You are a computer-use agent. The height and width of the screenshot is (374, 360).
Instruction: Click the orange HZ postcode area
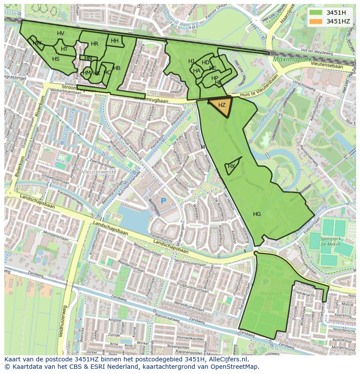[x=221, y=106]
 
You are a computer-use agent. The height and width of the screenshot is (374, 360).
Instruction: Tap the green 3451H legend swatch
[x=316, y=12]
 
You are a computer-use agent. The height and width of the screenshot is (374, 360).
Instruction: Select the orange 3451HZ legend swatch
[x=316, y=21]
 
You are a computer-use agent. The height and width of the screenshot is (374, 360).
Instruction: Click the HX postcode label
[x=231, y=166]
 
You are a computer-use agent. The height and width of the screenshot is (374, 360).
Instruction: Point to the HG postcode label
[x=257, y=214]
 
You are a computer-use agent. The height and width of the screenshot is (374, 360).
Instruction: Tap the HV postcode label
[x=60, y=33]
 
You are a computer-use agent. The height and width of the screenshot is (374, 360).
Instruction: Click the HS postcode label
[x=56, y=59]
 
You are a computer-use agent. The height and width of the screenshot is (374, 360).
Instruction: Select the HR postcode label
[x=94, y=44]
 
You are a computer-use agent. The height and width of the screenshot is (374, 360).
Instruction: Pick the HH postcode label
[x=114, y=41]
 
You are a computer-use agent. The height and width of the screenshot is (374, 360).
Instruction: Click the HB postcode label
[x=117, y=68]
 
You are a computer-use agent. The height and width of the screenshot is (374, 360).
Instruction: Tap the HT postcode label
[x=64, y=49]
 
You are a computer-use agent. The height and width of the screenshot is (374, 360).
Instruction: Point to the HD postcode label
[x=205, y=63]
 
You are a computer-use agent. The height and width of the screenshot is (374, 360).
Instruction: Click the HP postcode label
[x=215, y=78]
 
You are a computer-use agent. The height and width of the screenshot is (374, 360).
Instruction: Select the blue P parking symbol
[x=163, y=201]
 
